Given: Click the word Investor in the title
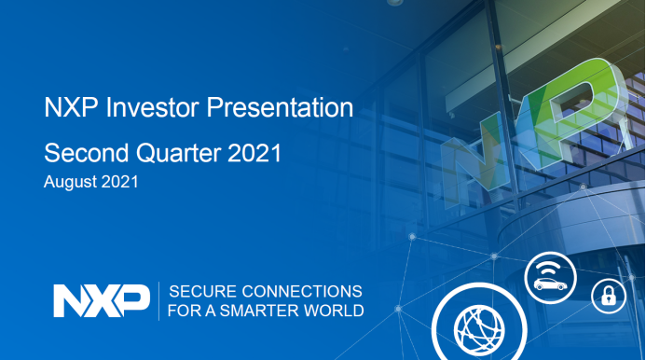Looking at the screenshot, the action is [153, 107].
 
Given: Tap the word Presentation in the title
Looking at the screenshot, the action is [280, 107].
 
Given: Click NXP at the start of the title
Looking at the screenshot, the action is [71, 107].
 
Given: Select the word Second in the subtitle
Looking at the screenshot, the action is [87, 153].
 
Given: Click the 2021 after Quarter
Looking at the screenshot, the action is [254, 153].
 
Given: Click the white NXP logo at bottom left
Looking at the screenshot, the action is [102, 300].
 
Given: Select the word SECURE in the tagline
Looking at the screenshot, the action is [202, 292].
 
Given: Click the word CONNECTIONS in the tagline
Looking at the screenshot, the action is [302, 292].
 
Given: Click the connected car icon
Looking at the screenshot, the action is [550, 278].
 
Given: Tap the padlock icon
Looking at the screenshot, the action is [609, 296].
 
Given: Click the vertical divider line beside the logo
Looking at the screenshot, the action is [159, 301].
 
